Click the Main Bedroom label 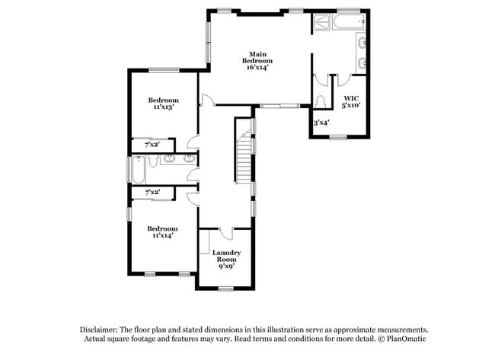pos(257,57)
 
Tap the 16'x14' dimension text pos(257,68)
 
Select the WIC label pos(351,98)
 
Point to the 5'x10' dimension pos(351,106)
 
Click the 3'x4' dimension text pos(321,122)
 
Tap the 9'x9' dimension pos(226,266)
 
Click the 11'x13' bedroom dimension pos(163,108)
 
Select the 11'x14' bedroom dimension pos(162,236)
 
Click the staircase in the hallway pos(243,156)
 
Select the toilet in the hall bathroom pos(152,161)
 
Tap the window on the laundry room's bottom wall pos(225,288)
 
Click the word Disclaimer pos(101,330)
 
